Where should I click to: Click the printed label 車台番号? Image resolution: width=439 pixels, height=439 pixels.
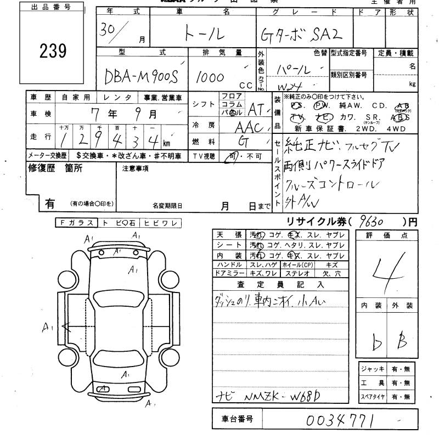tap(237, 420)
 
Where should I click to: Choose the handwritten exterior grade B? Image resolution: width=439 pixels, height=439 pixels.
tap(402, 343)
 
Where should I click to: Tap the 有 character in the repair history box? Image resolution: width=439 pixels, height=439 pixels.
tap(49, 204)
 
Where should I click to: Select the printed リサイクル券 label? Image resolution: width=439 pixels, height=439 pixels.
tap(311, 222)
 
